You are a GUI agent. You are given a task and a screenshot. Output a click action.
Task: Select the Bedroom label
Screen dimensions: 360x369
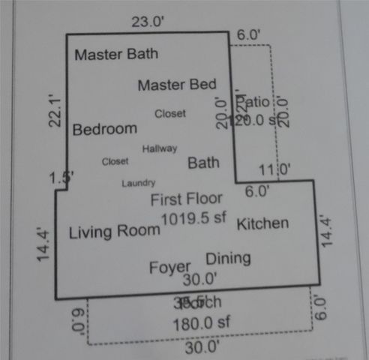(x=104, y=129)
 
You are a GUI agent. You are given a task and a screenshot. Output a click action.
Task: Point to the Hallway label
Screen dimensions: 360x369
(x=160, y=148)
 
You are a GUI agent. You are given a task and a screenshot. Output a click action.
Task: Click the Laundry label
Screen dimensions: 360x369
(x=139, y=183)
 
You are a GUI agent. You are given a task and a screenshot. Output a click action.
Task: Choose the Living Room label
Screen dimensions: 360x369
(x=114, y=232)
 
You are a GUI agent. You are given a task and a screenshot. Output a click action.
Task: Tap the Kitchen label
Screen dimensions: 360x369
(x=262, y=223)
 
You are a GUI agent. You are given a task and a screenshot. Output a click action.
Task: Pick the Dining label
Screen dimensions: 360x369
(x=228, y=259)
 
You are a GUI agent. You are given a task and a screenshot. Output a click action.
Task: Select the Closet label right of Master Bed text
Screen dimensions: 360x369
(x=170, y=114)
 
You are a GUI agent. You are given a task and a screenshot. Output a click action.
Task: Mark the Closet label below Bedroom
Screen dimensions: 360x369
(x=115, y=161)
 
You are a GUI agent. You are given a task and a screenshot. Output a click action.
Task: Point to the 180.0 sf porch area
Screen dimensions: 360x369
(x=199, y=325)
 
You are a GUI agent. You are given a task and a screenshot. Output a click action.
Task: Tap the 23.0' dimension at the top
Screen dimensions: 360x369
(x=147, y=22)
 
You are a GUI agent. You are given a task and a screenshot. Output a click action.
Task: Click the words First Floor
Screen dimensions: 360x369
(x=186, y=199)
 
